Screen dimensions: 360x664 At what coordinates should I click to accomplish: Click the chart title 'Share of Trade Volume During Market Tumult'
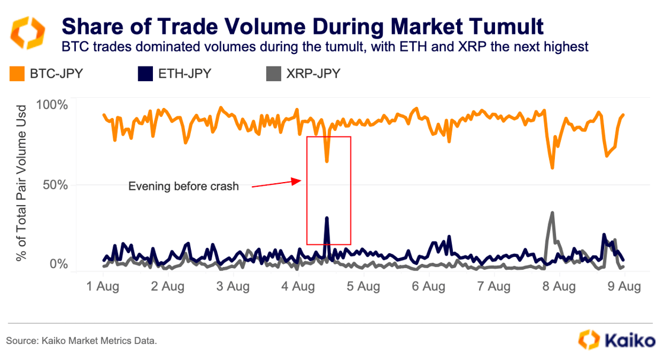pos(302,26)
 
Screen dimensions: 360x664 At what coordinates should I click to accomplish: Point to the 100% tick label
pos(52,105)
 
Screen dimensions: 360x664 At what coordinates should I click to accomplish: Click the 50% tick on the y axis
pos(55,184)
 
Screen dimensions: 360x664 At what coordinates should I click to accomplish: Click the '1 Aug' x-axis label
pos(103,287)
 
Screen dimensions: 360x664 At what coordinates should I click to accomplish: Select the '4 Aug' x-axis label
pos(298,287)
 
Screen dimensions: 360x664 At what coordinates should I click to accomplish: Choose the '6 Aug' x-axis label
pos(427,287)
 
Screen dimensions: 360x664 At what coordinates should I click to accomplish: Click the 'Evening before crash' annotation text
pos(184,186)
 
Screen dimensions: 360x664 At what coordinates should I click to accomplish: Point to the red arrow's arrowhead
pos(301,181)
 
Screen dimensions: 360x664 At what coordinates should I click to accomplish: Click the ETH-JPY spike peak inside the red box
pos(327,218)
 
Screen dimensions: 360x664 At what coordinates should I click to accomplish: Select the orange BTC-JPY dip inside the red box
pos(327,161)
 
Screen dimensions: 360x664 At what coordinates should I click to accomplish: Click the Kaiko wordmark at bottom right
pos(629,340)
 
